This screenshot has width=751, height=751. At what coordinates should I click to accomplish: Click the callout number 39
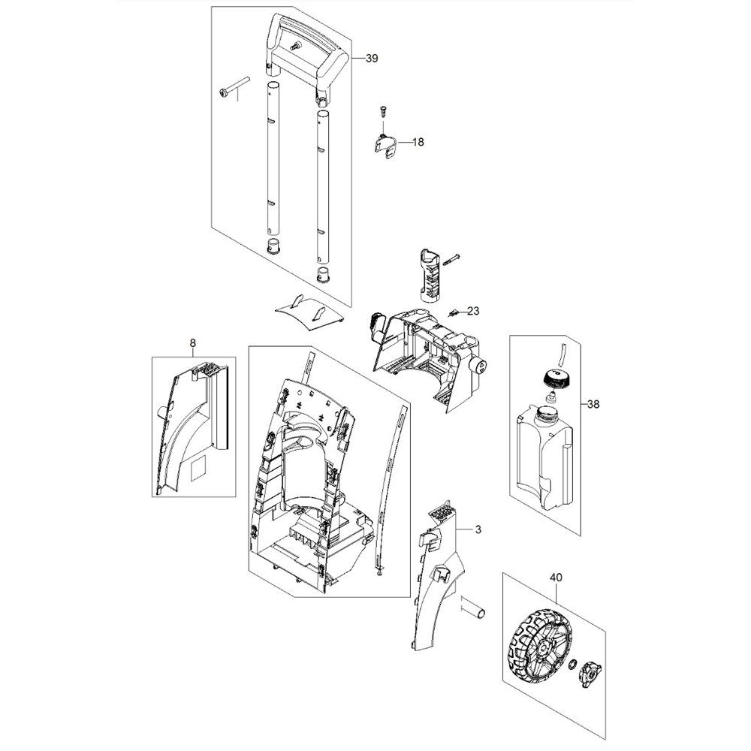point(372,59)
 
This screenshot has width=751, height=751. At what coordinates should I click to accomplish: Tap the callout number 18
point(418,142)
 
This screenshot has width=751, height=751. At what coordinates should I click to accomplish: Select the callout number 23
point(472,312)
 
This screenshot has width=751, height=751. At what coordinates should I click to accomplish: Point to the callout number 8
point(192,343)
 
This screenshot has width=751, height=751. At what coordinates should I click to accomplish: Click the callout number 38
point(593,404)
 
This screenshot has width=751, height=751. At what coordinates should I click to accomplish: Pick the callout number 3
point(478,529)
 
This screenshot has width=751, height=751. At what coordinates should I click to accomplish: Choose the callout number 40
point(556,578)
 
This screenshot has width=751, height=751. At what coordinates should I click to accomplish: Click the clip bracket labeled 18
point(385,146)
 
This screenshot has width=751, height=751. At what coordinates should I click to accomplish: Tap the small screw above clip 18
point(382,110)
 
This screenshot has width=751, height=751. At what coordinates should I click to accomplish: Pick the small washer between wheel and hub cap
point(572,664)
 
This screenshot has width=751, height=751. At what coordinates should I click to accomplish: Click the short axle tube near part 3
point(474,608)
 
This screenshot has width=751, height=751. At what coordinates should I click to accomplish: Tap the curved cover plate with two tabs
point(309,312)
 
